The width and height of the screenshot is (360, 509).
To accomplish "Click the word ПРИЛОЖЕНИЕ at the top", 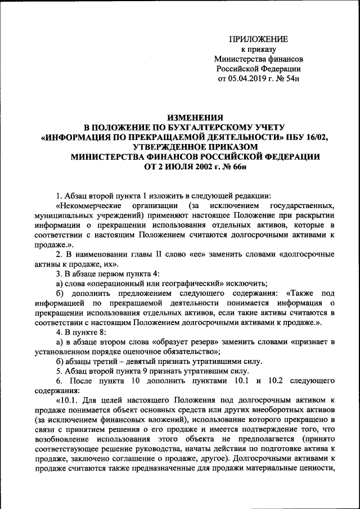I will tap(258, 39).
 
